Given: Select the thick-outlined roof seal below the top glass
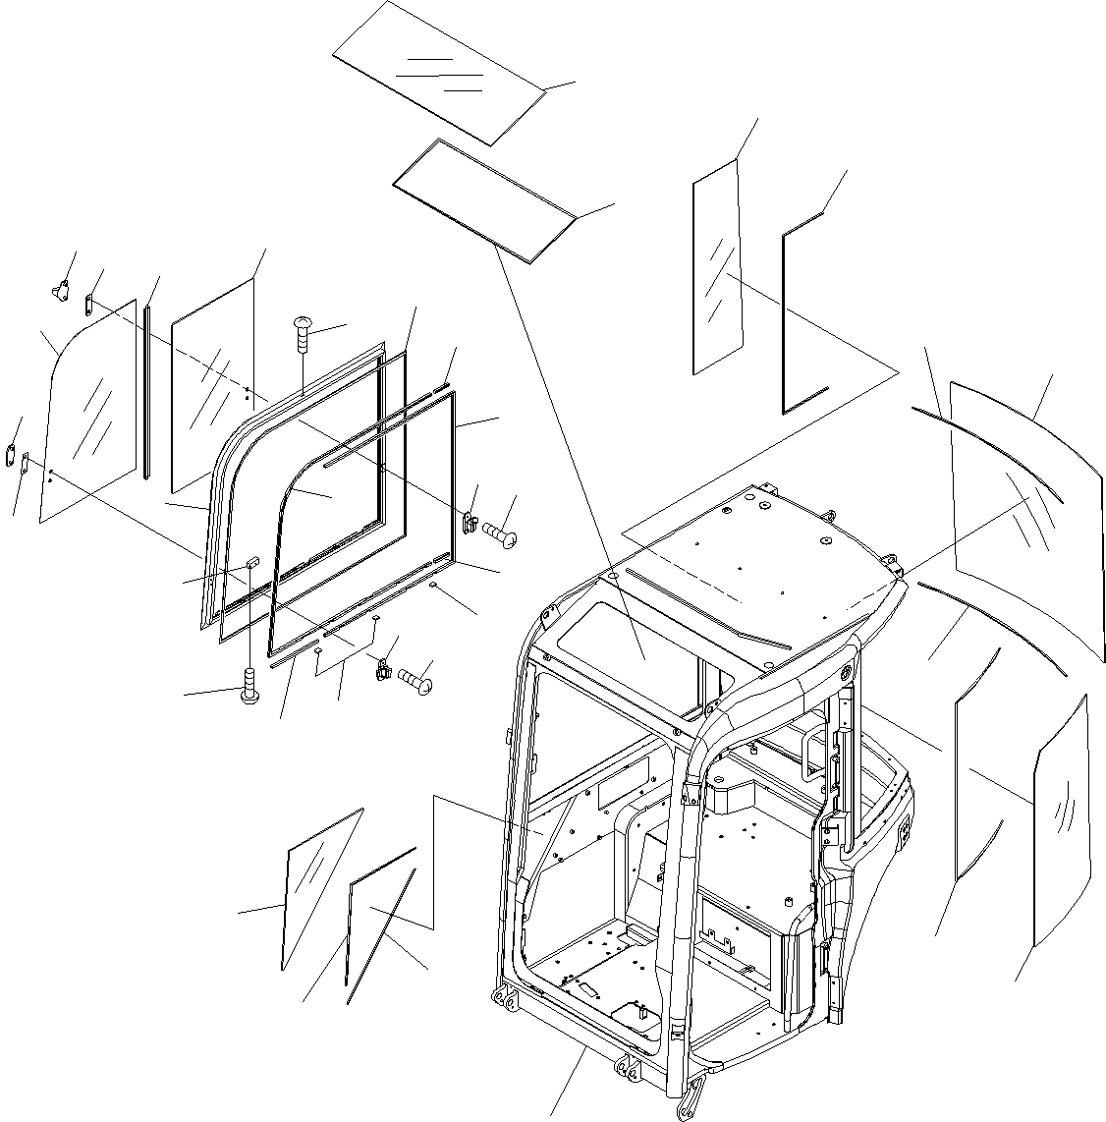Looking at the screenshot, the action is pos(485,200).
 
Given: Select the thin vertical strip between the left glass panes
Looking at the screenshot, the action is pos(146,393).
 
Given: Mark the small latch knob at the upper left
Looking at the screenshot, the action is pos(61,289).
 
